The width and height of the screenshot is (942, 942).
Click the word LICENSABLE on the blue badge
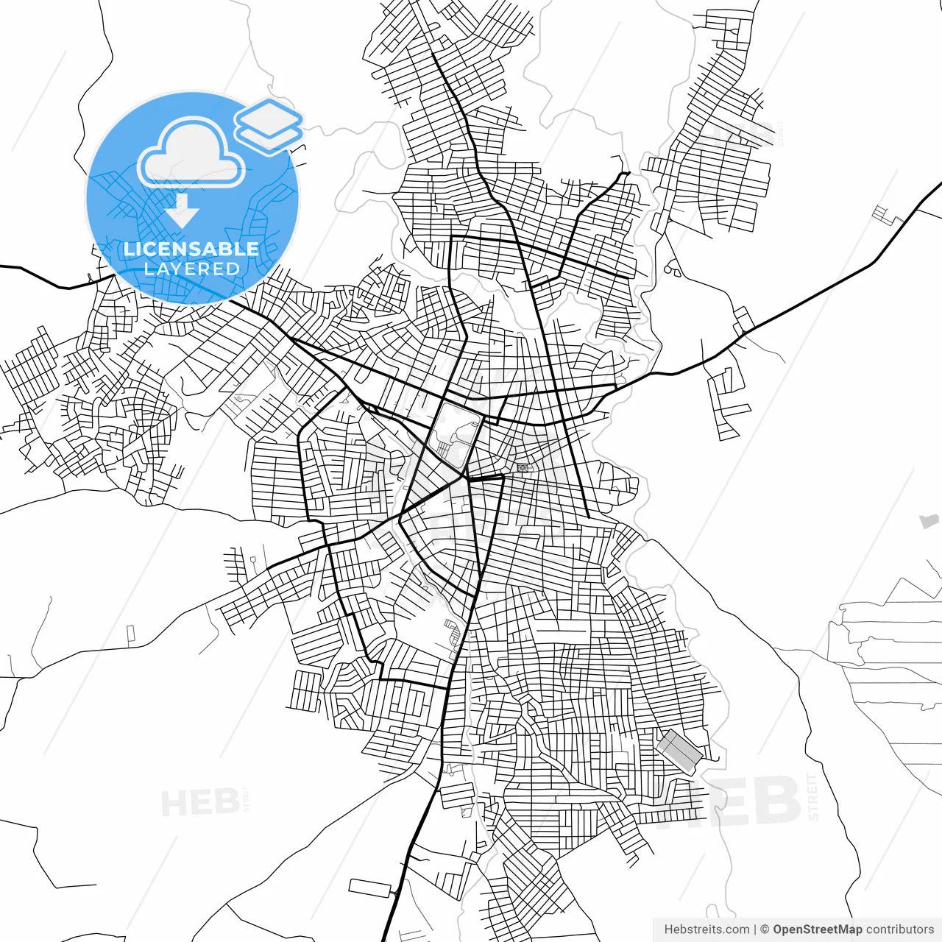191,249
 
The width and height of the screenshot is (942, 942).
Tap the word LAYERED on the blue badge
191,269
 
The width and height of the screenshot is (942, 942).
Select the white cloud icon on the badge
191,153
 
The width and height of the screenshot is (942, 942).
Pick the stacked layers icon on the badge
269,126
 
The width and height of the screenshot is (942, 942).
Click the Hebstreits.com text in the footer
706,929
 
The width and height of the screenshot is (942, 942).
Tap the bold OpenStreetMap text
818,929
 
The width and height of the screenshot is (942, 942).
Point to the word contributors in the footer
900,929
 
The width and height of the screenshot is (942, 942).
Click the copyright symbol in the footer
765,929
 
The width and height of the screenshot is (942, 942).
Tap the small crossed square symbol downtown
522,467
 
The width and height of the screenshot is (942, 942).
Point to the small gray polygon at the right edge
929,521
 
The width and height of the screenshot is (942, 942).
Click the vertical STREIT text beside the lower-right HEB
812,796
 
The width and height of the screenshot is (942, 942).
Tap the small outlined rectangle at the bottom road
370,888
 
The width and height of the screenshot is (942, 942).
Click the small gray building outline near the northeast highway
882,215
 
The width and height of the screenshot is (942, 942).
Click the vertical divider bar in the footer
755,929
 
